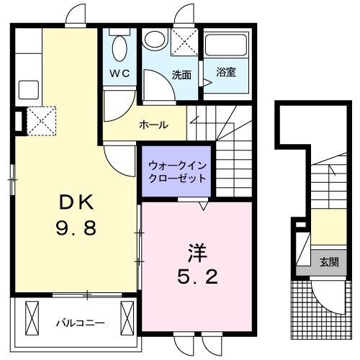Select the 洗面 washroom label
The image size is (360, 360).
click(x=181, y=73)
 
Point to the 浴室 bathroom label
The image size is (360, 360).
click(x=226, y=71)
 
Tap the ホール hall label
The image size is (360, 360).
click(x=153, y=125)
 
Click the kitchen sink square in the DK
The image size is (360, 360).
click(x=28, y=89)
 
